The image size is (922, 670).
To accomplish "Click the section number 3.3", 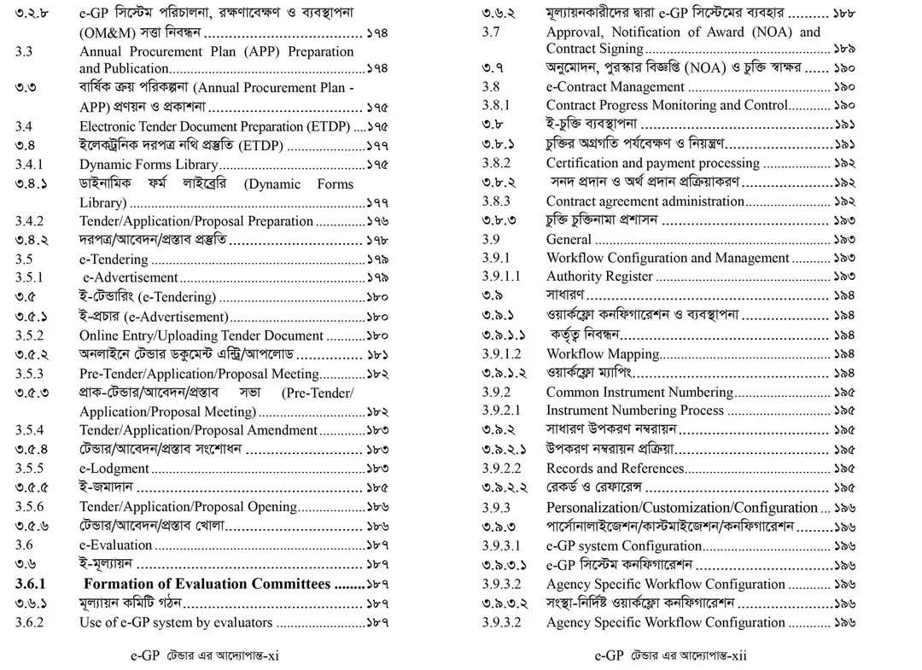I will tap(24, 51).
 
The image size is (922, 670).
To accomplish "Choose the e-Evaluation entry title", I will tap(116, 545).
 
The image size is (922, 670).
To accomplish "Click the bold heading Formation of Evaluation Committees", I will tap(207, 584).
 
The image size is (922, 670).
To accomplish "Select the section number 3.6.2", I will tap(29, 622).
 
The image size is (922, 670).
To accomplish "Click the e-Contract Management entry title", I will tap(615, 87).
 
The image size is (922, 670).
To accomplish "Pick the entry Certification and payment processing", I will tap(652, 163).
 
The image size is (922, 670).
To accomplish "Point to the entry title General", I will tap(569, 240).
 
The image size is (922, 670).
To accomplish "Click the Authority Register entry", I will tap(599, 277).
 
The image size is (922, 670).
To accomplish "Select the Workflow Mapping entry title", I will tap(603, 353).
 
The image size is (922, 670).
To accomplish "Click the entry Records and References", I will tap(615, 469).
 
